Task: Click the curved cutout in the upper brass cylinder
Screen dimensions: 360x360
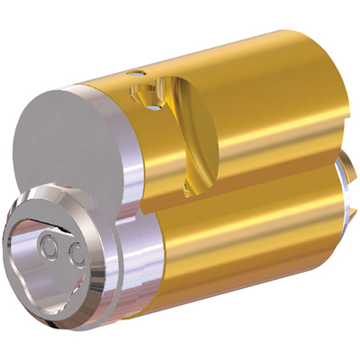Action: [184, 117]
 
